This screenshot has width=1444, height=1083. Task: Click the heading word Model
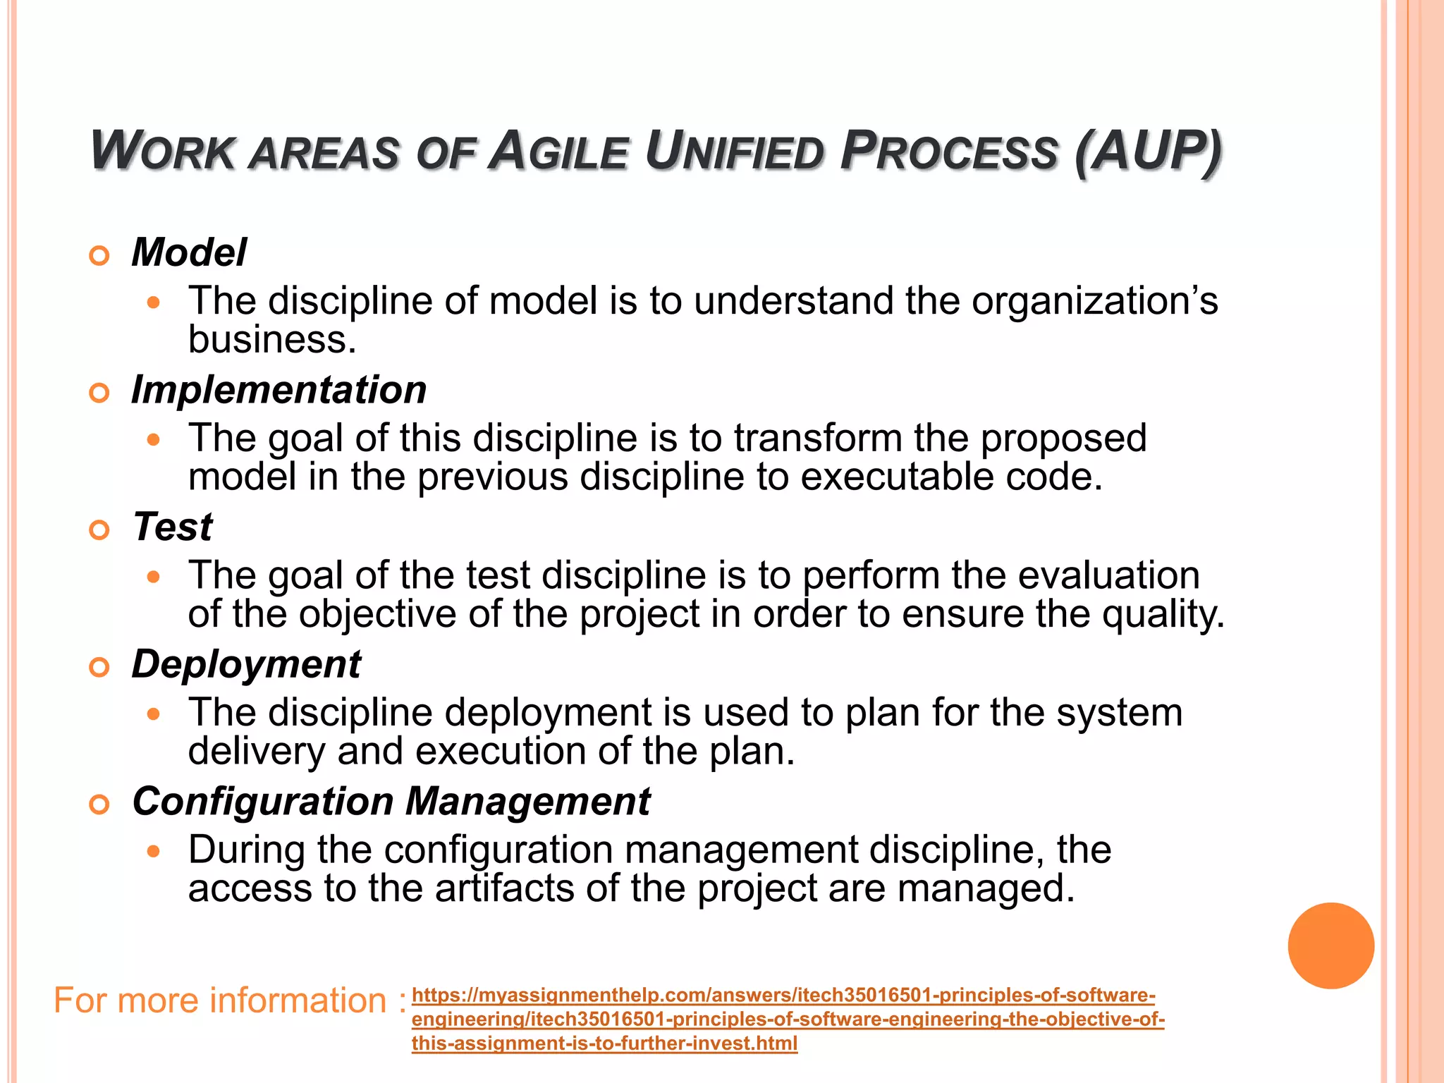coord(189,252)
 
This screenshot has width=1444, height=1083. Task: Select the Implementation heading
coord(279,390)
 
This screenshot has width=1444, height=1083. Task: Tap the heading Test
coord(173,527)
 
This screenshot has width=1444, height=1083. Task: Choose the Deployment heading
coord(246,664)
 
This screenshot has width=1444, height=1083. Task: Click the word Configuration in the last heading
coord(263,802)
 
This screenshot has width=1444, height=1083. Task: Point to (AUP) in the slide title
coord(1149,152)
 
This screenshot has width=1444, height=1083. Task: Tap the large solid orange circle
coord(1330,946)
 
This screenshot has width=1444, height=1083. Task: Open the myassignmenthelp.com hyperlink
coord(783,1019)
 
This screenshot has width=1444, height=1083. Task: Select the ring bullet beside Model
coord(99,255)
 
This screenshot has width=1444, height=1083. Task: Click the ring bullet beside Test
coord(99,530)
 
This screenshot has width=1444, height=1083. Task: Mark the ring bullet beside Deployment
coord(99,667)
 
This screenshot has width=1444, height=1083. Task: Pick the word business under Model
coord(272,340)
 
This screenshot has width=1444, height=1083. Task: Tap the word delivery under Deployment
coord(257,752)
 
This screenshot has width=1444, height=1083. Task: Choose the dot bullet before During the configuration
coord(154,851)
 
